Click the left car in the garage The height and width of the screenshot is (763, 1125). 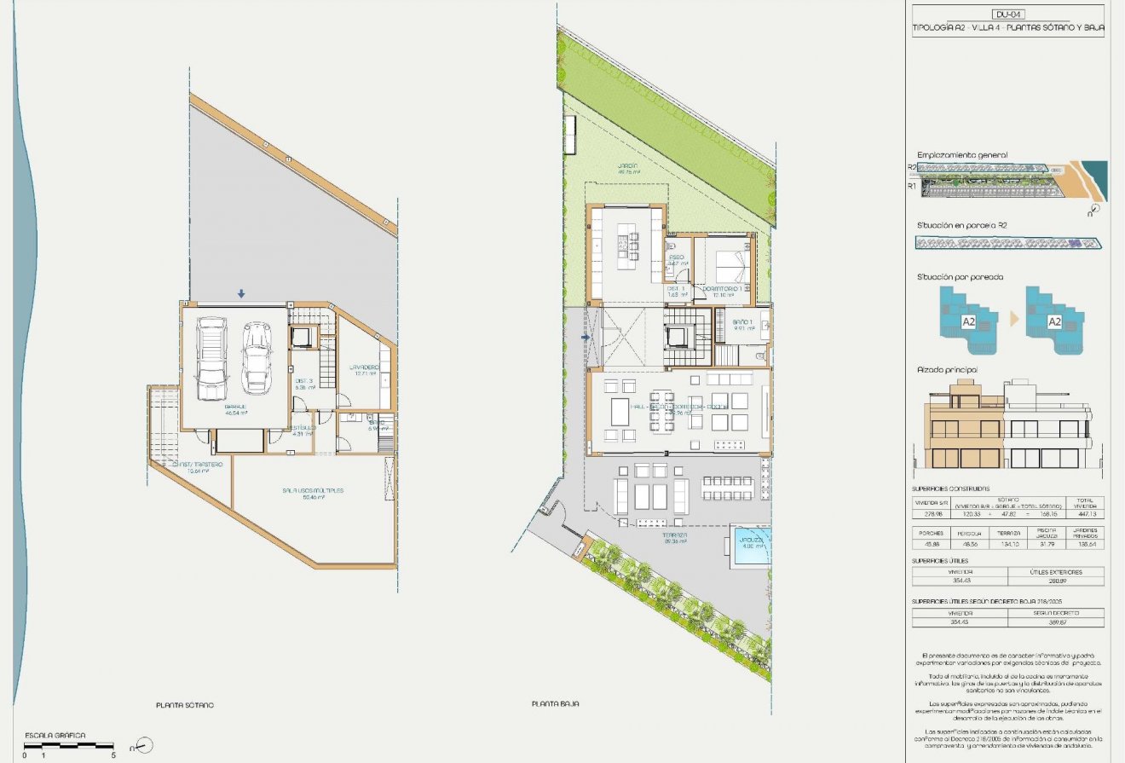coord(211,358)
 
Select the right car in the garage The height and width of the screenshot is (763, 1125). coord(256,358)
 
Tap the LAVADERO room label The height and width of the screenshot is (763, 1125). coord(364,367)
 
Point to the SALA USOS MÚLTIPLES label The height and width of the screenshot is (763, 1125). coord(313,491)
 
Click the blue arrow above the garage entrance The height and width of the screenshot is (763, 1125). coord(241,294)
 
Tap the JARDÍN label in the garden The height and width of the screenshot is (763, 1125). coord(628,167)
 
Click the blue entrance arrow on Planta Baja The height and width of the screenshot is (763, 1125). coord(585,338)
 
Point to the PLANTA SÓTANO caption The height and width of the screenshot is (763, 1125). coord(185,705)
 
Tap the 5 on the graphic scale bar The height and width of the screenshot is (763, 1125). coord(113,754)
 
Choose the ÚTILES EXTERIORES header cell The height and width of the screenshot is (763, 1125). coord(1055,572)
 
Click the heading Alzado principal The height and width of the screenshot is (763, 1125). coord(946,370)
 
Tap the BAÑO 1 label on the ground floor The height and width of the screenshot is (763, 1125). coord(742,322)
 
